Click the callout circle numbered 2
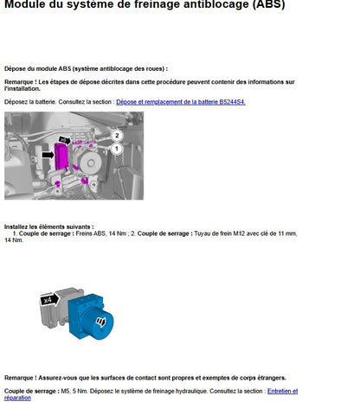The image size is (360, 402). click(x=117, y=136)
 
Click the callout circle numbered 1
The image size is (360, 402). click(x=117, y=149)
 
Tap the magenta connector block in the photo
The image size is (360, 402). click(x=61, y=157)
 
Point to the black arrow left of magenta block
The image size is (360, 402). click(x=48, y=155)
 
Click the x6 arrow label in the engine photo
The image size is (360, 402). click(x=65, y=140)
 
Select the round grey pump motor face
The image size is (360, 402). click(x=91, y=163)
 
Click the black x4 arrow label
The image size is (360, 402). click(x=49, y=300)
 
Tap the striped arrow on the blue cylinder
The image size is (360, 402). click(x=101, y=322)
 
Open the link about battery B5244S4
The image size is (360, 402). click(x=181, y=102)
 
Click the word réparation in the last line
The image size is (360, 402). click(x=17, y=398)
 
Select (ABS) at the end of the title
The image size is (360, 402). click(x=268, y=5)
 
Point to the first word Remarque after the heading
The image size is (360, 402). click(x=19, y=82)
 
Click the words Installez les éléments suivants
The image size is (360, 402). click(x=48, y=227)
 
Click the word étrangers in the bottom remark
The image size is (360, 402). click(x=271, y=378)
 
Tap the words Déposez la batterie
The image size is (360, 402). click(x=30, y=102)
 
